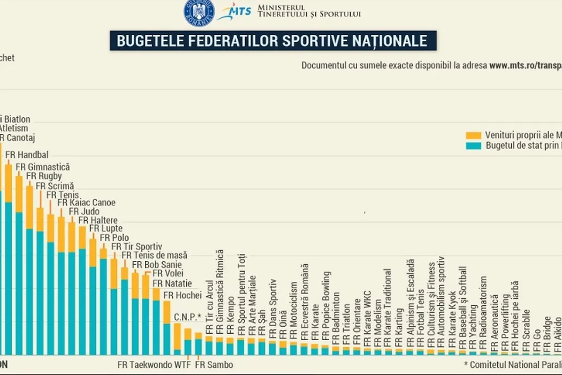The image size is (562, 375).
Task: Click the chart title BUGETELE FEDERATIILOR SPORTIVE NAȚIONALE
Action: click(273, 41)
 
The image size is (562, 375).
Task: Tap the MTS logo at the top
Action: click(234, 11)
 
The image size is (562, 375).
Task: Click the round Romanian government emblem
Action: click(199, 11)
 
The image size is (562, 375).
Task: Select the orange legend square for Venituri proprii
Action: click(473, 135)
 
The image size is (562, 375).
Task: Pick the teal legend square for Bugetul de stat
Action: click(473, 145)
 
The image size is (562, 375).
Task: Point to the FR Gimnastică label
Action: click(43, 167)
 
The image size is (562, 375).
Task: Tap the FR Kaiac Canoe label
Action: click(86, 203)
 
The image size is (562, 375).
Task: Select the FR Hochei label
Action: click(182, 295)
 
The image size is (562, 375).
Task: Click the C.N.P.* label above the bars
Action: click(187, 316)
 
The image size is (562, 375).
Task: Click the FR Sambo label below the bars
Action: click(214, 365)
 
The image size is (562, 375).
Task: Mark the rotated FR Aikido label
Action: click(558, 333)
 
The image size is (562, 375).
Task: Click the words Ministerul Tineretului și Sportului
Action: click(309, 10)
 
